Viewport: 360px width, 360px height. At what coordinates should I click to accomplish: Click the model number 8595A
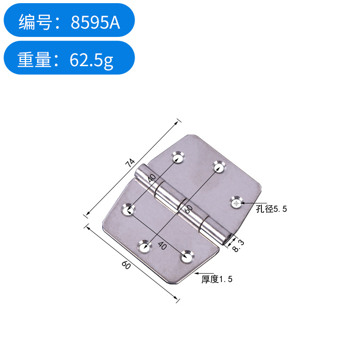(95, 22)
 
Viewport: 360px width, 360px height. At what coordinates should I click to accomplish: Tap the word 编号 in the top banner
(34, 22)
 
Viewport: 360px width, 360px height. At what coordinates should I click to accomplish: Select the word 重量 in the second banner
(34, 59)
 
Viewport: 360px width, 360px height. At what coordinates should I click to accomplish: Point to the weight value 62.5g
(91, 60)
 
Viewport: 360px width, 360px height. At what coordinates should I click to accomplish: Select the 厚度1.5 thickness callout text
(217, 279)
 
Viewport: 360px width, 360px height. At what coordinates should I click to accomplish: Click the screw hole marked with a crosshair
(236, 203)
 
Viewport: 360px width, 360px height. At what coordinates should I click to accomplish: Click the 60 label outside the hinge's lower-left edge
(126, 265)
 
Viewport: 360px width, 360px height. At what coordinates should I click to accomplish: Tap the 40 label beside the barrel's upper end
(152, 176)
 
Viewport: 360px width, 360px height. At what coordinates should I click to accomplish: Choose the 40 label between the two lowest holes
(162, 246)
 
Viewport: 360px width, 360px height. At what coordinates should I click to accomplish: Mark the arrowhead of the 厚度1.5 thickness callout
(196, 273)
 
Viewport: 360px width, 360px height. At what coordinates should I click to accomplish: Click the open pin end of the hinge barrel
(229, 237)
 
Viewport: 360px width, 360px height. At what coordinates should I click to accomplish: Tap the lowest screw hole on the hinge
(186, 257)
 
